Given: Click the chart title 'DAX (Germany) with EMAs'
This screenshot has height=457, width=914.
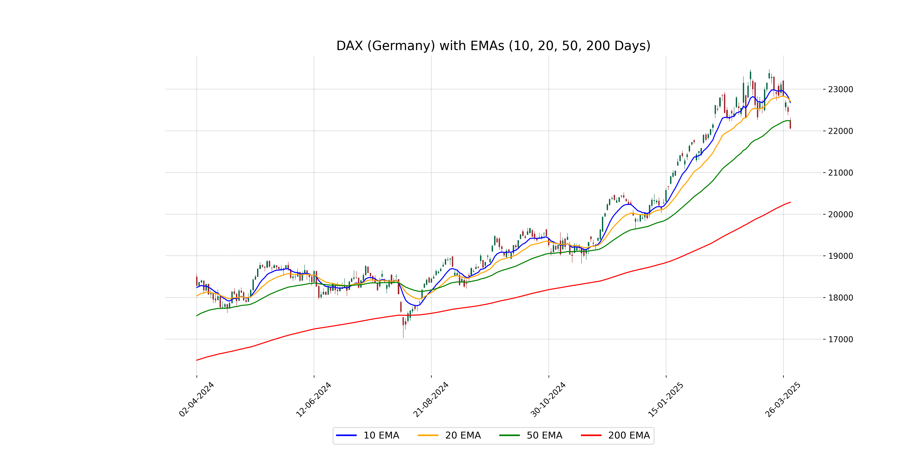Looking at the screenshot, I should click(493, 46).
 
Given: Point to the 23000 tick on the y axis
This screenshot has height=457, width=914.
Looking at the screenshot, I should click(840, 89).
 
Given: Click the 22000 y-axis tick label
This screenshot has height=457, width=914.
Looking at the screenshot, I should click(840, 131).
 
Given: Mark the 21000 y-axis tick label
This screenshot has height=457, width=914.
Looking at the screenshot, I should click(840, 173).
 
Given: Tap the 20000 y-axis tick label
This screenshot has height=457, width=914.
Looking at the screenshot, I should click(840, 214).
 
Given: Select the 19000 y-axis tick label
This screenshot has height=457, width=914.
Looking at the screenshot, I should click(840, 256).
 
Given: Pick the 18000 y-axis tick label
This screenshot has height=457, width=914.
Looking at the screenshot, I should click(840, 298).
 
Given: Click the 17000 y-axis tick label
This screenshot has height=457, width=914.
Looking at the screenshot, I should click(840, 339).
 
